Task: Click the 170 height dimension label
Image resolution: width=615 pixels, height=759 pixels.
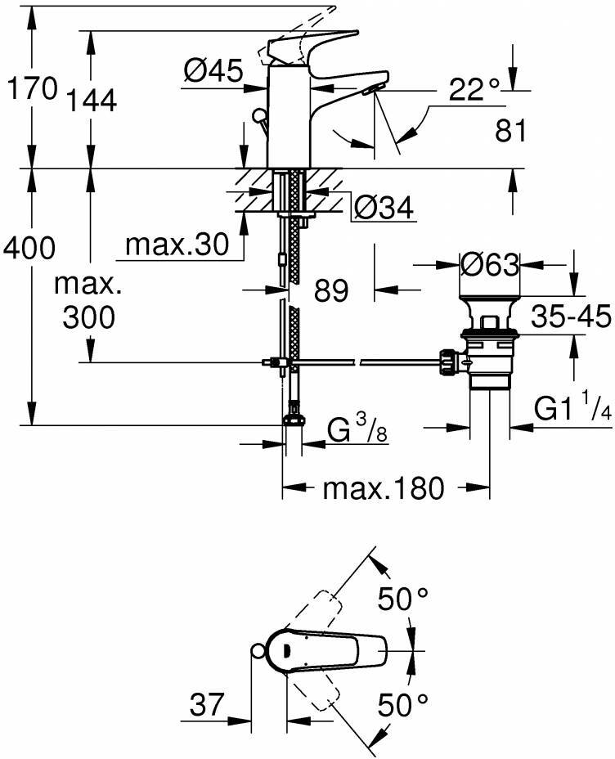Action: [x=31, y=88]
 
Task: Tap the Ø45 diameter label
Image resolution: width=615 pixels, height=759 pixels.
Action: [x=213, y=74]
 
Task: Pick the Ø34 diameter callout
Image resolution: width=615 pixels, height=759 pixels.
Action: [x=384, y=209]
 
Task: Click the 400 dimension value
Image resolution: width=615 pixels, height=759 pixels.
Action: [x=29, y=245]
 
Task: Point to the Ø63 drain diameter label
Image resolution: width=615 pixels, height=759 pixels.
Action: [x=490, y=264]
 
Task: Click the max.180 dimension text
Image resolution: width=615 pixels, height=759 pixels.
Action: [x=383, y=489]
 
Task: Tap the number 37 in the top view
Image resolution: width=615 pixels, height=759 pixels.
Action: [x=208, y=705]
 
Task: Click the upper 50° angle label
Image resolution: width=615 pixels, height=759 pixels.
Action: [x=402, y=601]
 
